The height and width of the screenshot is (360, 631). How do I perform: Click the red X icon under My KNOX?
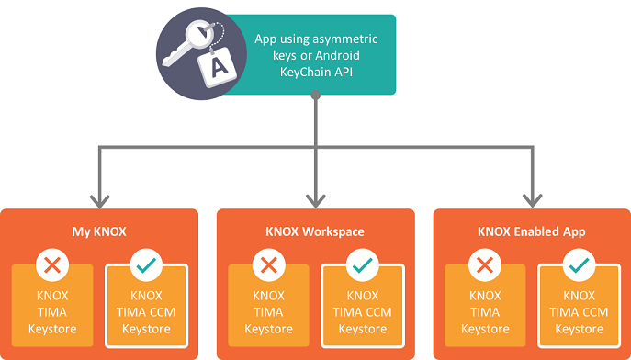coord(52,265)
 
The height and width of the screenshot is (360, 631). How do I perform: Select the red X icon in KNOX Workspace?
coord(269,265)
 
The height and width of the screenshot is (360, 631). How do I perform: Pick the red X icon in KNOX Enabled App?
coord(485,265)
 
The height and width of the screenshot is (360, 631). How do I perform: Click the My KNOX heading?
coord(99,231)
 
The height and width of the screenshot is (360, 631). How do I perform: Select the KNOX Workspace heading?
coord(315,231)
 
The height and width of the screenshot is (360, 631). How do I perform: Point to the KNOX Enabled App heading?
coord(532,231)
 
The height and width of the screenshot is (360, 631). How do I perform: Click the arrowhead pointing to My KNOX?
coord(98,199)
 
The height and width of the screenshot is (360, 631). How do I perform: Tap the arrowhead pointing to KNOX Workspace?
coord(315,199)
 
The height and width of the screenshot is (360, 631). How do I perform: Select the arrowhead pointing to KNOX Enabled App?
coord(532,199)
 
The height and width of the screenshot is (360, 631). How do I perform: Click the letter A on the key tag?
coord(218,67)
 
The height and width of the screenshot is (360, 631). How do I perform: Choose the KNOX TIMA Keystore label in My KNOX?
coord(52,312)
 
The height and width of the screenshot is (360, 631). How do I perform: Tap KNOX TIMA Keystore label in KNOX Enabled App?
coord(485,312)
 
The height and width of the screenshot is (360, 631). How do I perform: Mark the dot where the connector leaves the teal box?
coord(315,96)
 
